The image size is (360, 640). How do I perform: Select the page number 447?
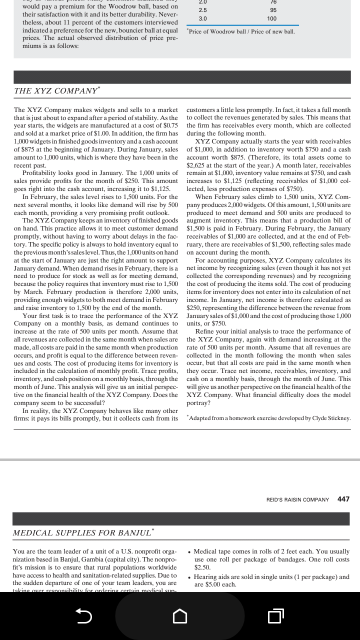point(343,499)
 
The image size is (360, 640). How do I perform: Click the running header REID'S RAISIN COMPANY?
point(297,499)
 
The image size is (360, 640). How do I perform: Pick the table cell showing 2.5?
point(202,10)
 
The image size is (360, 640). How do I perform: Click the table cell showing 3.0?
point(202,18)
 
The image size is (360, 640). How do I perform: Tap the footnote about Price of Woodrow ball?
point(240,31)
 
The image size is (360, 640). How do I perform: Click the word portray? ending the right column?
point(198,402)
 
